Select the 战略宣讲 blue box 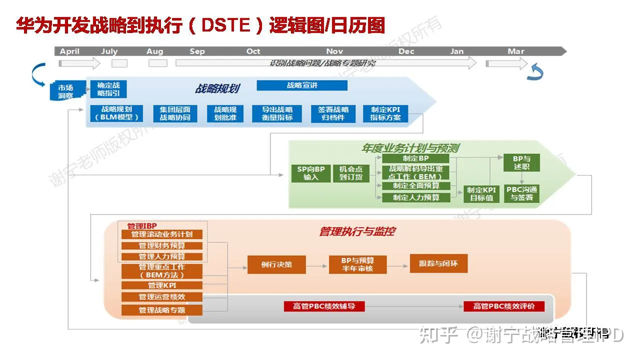(x=302, y=85)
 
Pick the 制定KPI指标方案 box (x=389, y=113)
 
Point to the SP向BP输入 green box (x=310, y=173)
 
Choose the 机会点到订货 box (x=351, y=173)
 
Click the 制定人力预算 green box (x=416, y=197)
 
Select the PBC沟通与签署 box (x=521, y=193)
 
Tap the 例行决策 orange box (x=276, y=264)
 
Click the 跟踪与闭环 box (x=438, y=263)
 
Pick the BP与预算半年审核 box (x=357, y=264)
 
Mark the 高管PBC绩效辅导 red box (x=324, y=306)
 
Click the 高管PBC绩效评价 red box (x=504, y=306)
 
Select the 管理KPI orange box (x=162, y=285)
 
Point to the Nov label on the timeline (x=334, y=51)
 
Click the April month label (x=70, y=51)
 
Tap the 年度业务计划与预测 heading (x=410, y=148)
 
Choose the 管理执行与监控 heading (x=357, y=231)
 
